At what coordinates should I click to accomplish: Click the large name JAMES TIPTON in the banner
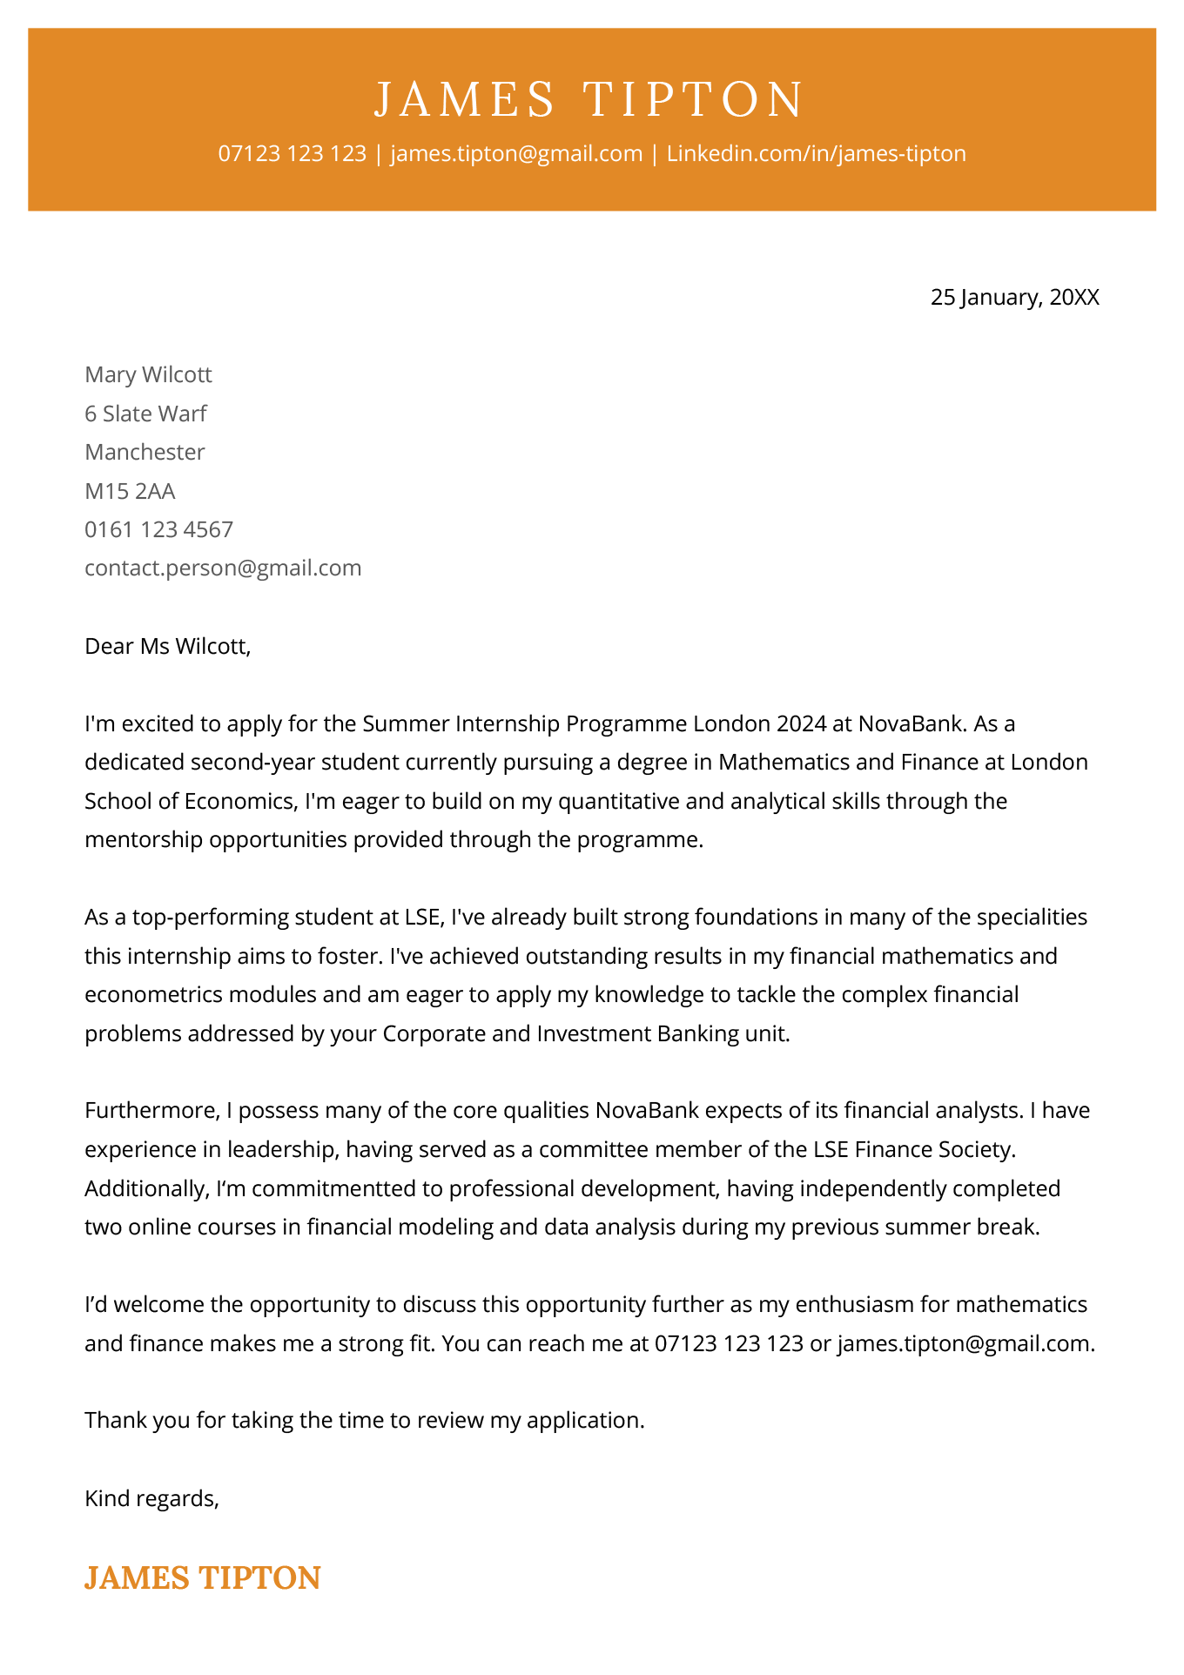click(x=590, y=99)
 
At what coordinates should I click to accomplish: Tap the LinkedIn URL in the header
click(x=816, y=154)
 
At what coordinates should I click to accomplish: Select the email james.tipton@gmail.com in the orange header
click(x=516, y=154)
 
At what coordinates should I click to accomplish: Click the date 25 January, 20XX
click(x=1014, y=298)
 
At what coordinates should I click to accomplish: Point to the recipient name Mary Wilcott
click(x=148, y=375)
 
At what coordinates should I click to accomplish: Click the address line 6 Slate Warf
click(x=145, y=414)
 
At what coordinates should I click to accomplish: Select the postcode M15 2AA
click(x=130, y=491)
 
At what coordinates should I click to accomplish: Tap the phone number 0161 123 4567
click(x=158, y=529)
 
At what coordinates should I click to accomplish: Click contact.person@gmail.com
click(x=223, y=568)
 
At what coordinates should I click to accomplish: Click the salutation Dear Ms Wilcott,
click(x=167, y=646)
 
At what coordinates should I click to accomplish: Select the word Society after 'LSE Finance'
click(x=976, y=1150)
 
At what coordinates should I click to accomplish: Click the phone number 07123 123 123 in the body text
click(x=728, y=1343)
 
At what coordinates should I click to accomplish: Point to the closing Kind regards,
click(x=151, y=1498)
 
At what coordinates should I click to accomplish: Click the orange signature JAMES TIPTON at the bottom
click(x=202, y=1577)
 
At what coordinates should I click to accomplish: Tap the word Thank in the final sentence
click(x=115, y=1421)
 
